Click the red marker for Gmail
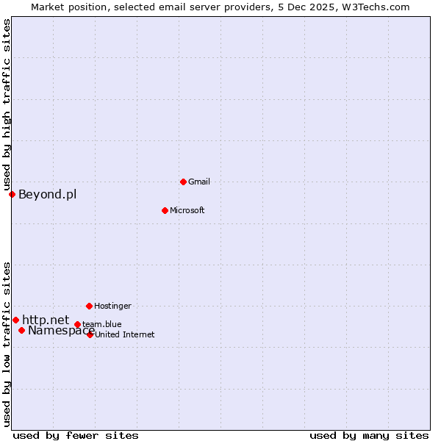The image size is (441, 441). (183, 182)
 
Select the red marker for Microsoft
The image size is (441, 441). (165, 210)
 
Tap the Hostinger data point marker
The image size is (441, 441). (89, 306)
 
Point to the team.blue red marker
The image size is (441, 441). (77, 324)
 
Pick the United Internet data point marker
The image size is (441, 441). (90, 334)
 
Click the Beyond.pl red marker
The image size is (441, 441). (12, 194)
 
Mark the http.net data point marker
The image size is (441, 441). (15, 320)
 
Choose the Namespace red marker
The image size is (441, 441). (21, 330)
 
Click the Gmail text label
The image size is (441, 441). (199, 182)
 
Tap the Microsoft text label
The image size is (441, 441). (187, 210)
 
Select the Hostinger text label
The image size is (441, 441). (112, 306)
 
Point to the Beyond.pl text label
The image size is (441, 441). (47, 195)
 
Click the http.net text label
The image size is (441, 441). (46, 320)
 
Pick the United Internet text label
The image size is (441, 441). (124, 334)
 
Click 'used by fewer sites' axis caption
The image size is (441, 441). (76, 435)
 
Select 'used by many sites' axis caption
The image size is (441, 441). (369, 435)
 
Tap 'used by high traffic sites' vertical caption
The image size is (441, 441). (7, 105)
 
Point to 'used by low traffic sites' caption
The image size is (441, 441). (7, 344)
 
